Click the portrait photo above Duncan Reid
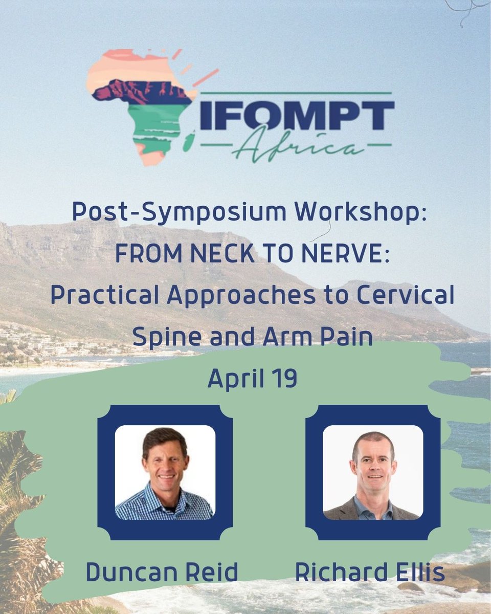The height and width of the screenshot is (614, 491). coord(165,473)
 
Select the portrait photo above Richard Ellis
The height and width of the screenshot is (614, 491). coord(373,473)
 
